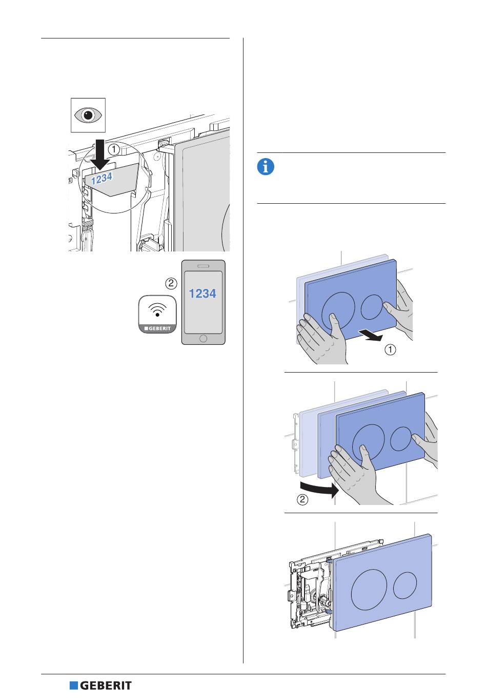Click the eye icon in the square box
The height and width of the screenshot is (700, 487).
88,115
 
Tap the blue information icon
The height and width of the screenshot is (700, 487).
266,167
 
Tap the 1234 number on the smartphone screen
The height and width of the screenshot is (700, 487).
202,294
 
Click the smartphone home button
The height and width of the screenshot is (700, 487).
203,339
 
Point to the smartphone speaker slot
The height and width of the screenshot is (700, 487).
203,266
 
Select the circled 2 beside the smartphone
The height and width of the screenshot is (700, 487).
171,283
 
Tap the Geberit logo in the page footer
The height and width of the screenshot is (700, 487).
101,686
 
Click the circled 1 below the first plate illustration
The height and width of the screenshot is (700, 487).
391,350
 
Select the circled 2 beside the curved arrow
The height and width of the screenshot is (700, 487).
303,499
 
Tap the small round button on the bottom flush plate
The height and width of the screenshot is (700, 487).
406,587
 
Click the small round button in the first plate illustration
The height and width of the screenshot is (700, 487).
372,307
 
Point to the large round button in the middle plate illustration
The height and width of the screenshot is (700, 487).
368,441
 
